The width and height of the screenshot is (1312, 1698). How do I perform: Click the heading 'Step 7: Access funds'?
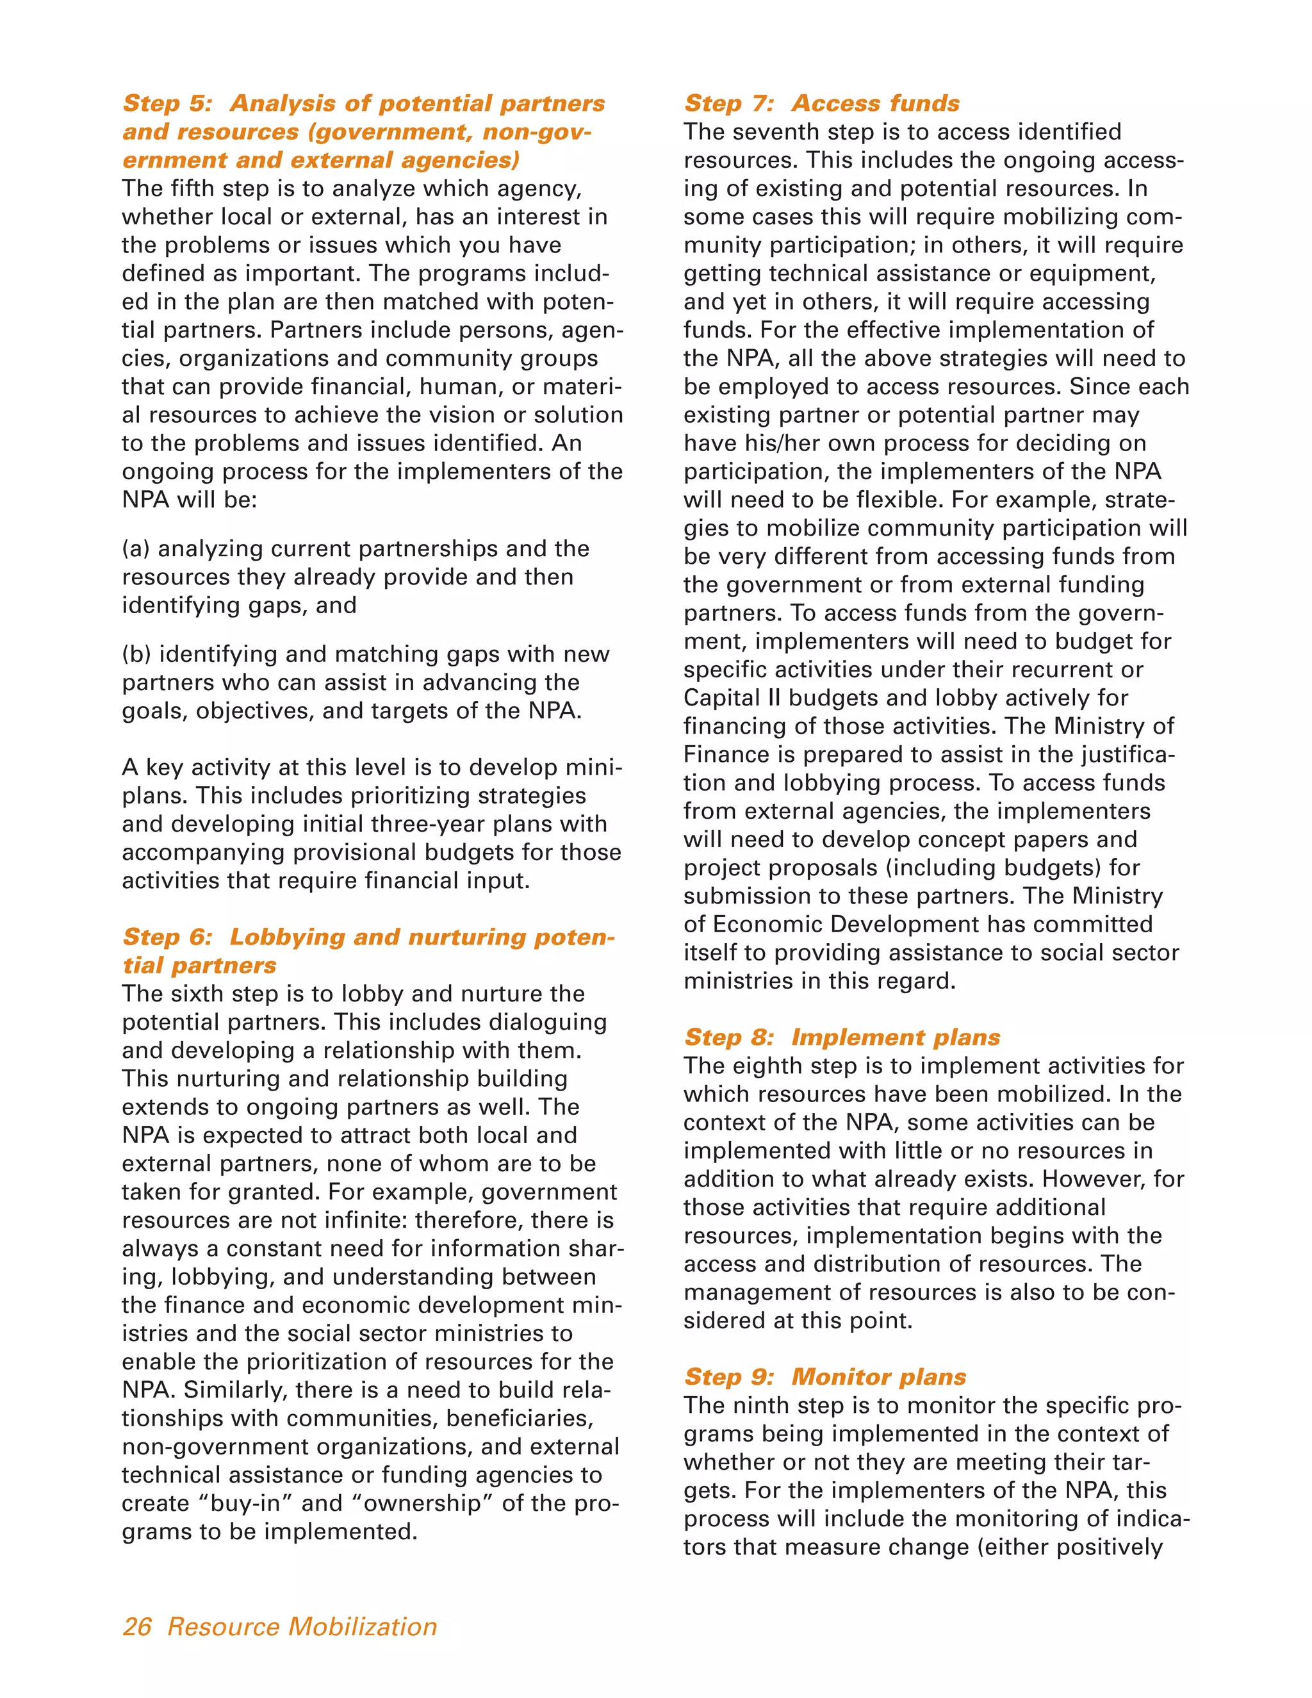coord(821,103)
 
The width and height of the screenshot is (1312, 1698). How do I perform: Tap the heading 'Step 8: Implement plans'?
coord(841,1037)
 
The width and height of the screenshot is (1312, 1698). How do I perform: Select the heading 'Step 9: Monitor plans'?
coord(824,1377)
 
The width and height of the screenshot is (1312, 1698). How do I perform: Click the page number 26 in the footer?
coord(137,1626)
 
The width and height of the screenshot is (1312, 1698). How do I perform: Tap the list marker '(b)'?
coord(137,655)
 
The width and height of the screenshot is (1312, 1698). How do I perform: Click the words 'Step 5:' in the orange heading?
coord(168,103)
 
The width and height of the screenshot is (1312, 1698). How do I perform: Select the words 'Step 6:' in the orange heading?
coord(168,937)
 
